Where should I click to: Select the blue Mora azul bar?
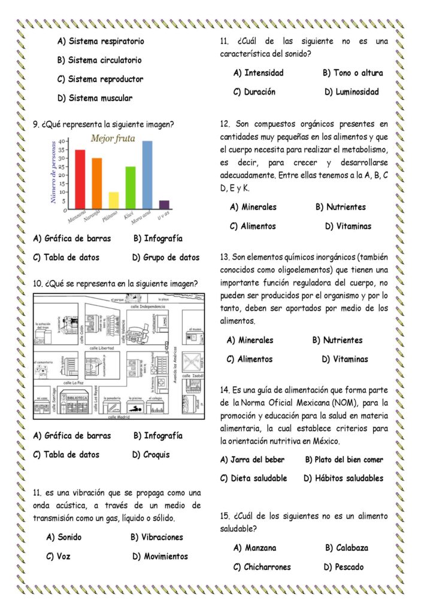tap(147, 174)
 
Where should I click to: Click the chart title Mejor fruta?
tap(113, 139)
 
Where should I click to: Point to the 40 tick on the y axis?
tap(69, 142)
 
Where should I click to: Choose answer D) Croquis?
tap(150, 454)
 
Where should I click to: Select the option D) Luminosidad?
tap(352, 92)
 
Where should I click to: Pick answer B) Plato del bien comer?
tap(344, 460)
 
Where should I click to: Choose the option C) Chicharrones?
tap(262, 567)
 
